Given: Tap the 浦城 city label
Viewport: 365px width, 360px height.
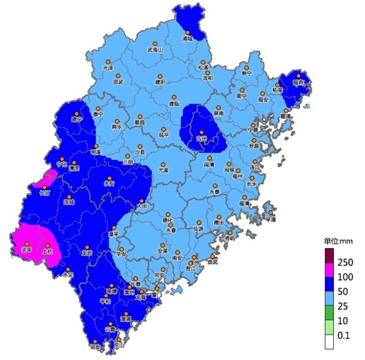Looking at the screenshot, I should point(186,37).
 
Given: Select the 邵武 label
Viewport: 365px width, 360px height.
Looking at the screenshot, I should point(118,81).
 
